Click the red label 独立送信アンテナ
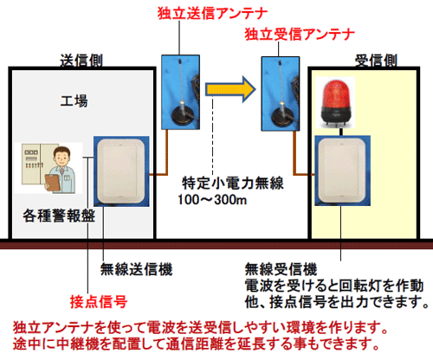tap(212, 14)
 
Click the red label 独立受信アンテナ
tap(300, 35)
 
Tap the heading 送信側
tap(81, 61)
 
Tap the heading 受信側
tap(376, 61)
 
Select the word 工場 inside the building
tap(74, 101)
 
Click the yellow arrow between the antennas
tap(230, 89)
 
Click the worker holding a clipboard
tap(61, 170)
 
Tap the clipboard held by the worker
tap(52, 183)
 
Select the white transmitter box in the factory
tap(121, 171)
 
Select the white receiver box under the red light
tap(342, 170)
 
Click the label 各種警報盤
tap(59, 215)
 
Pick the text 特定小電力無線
tap(233, 183)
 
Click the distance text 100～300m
tap(212, 200)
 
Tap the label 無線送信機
tap(136, 269)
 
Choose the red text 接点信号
tap(99, 302)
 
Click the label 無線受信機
tap(281, 269)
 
